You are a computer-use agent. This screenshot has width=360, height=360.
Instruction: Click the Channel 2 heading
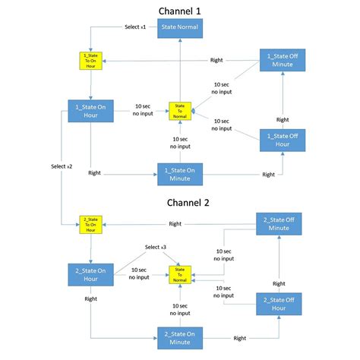(x=180, y=203)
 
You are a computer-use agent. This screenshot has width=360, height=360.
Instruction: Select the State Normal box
(x=180, y=29)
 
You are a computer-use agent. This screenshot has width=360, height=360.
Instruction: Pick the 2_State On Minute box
(x=180, y=337)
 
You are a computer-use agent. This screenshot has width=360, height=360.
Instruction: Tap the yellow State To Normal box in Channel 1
(x=180, y=110)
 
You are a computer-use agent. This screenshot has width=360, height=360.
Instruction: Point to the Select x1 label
(x=134, y=27)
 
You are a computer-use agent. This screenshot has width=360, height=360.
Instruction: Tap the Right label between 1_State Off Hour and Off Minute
(x=282, y=119)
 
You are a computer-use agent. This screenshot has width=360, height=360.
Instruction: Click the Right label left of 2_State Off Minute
(x=175, y=223)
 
